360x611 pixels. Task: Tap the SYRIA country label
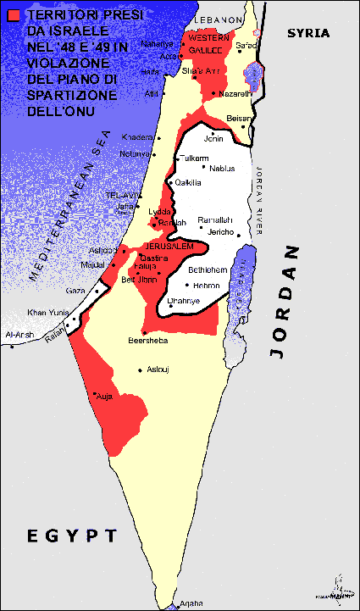click(x=307, y=33)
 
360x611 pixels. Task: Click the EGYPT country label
click(x=72, y=535)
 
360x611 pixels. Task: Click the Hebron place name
click(x=206, y=285)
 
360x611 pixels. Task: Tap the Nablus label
click(x=221, y=168)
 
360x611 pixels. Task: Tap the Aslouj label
click(x=158, y=369)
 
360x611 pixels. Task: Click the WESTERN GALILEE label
click(x=208, y=43)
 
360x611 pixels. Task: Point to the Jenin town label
click(x=215, y=138)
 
